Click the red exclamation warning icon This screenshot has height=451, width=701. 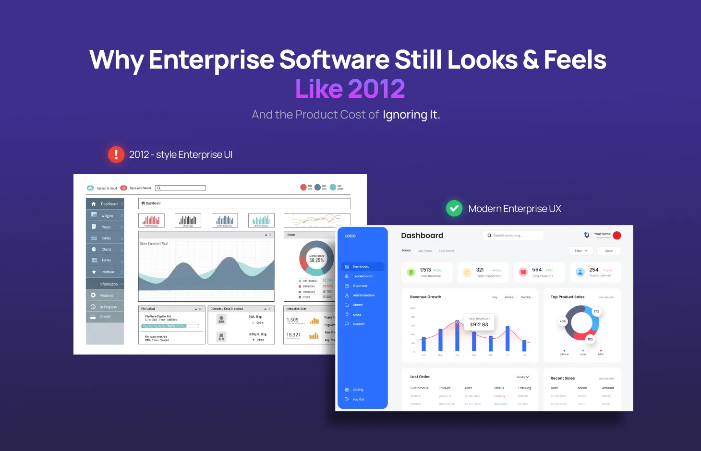click(116, 154)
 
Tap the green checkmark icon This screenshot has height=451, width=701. click(454, 209)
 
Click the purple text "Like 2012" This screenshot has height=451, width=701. click(350, 89)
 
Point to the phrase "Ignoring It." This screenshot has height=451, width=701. click(411, 115)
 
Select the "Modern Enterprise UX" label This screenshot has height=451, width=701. click(514, 209)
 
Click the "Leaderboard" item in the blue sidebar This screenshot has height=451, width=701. click(363, 276)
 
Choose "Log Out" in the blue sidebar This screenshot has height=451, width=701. click(358, 399)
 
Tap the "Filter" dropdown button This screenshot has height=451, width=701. click(581, 251)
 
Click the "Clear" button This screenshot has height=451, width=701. click(608, 251)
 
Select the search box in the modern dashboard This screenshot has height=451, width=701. click(513, 236)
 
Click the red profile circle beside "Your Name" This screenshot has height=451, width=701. click(617, 235)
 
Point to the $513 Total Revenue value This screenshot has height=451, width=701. click(425, 270)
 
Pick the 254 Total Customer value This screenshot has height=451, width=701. click(594, 270)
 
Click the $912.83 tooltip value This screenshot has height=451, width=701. click(479, 325)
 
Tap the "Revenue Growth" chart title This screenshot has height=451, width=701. click(425, 297)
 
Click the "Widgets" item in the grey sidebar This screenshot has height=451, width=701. click(107, 216)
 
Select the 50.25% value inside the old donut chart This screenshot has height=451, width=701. click(316, 261)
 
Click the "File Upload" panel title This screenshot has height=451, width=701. click(148, 309)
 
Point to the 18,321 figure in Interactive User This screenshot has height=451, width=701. click(293, 335)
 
